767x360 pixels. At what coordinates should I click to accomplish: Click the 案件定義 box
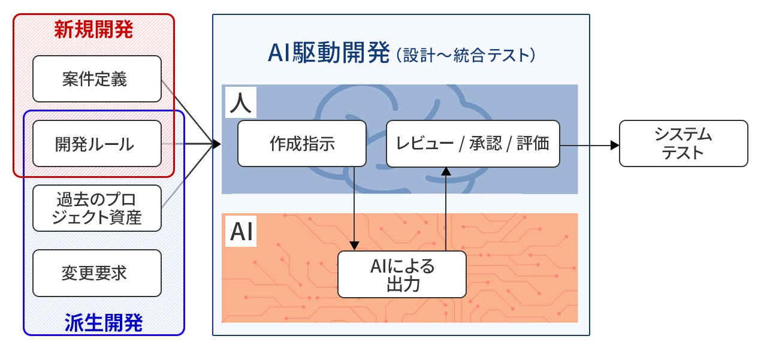(x=96, y=78)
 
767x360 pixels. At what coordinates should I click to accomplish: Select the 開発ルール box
(x=96, y=144)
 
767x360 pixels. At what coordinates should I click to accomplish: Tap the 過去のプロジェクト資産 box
(x=96, y=208)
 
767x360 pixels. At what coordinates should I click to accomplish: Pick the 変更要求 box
(x=96, y=273)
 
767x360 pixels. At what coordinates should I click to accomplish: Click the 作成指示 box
(x=301, y=144)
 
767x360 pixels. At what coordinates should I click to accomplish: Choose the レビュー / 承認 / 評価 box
(x=472, y=144)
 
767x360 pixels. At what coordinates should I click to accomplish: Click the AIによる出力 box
(x=401, y=274)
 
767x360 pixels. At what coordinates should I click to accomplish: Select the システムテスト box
(x=683, y=144)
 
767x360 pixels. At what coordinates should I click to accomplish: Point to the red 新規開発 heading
(x=93, y=28)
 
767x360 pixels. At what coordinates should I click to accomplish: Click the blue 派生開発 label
(x=103, y=323)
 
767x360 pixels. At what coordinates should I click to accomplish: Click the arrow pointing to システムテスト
(x=612, y=145)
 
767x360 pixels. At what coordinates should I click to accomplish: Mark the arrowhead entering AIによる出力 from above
(x=355, y=246)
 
